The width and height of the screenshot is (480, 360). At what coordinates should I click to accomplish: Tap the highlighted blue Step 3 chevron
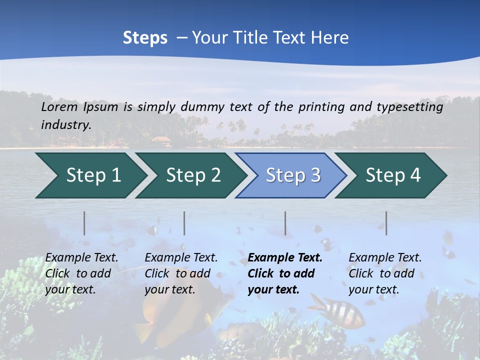coord(293,175)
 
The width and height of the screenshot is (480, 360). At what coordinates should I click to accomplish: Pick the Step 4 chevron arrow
coord(393,175)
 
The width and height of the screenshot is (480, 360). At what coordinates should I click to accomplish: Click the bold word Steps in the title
coord(145,38)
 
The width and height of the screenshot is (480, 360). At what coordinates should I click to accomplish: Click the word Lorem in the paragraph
coord(59,106)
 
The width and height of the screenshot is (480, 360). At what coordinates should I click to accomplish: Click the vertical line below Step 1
coord(84,223)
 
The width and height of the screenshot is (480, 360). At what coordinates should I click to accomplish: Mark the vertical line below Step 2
coord(184,223)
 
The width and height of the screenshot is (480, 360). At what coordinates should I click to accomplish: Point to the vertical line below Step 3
coord(285,223)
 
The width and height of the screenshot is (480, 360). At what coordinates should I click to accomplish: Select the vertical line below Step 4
coord(386,223)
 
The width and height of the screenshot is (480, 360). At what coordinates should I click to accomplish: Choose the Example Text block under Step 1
coord(81,273)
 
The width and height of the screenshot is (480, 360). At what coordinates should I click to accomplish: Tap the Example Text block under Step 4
coord(385,273)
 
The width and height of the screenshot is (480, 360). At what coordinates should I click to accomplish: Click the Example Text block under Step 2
coord(181,273)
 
